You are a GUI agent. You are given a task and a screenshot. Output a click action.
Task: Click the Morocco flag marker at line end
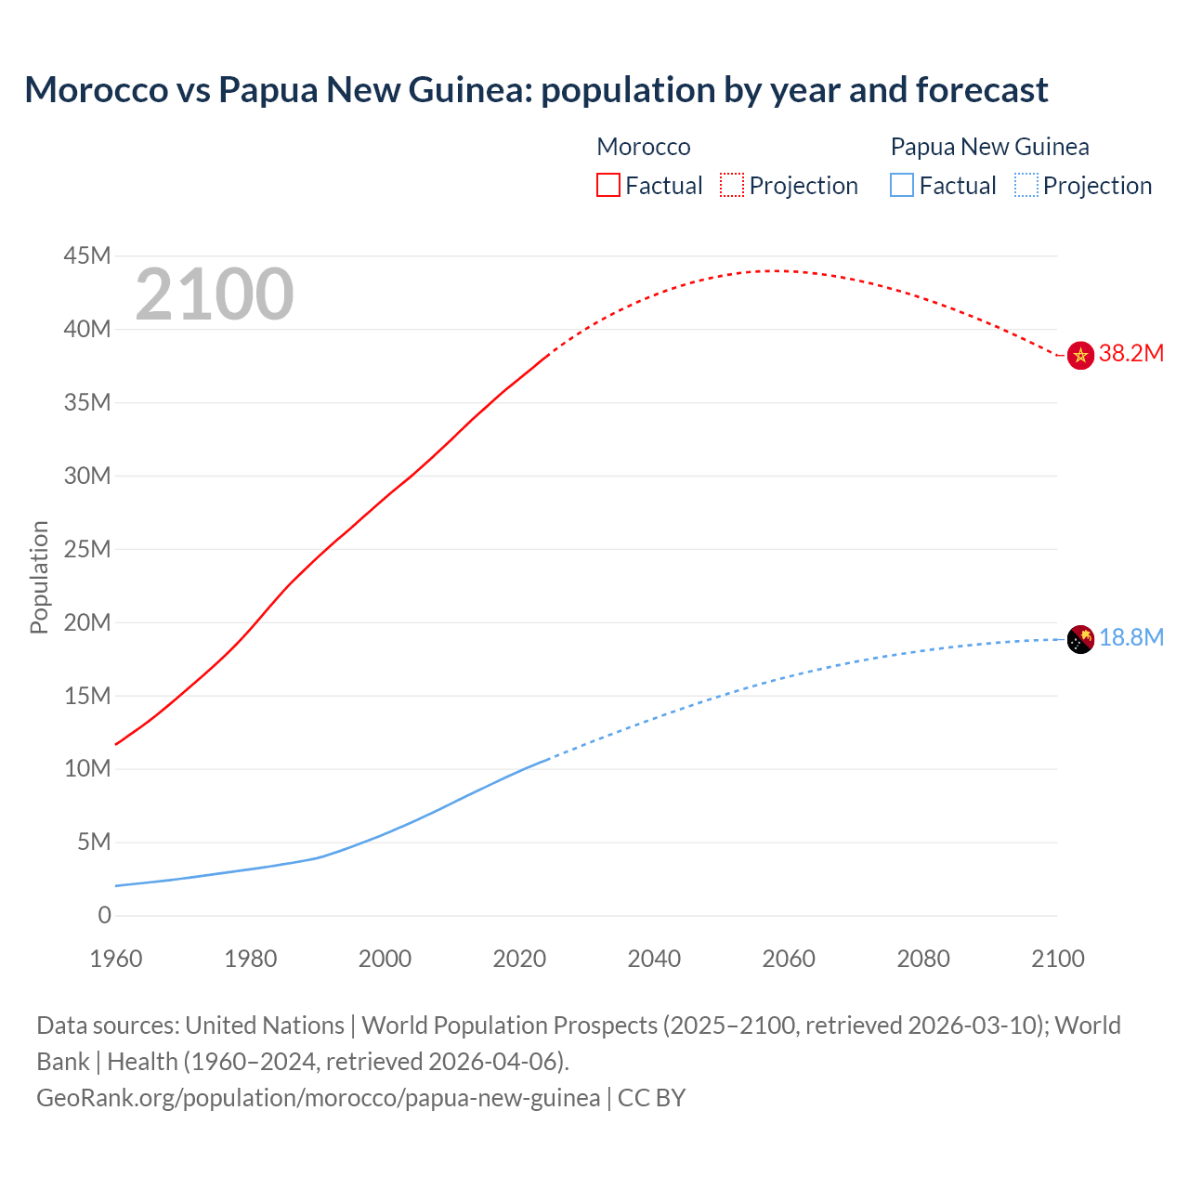click(1079, 355)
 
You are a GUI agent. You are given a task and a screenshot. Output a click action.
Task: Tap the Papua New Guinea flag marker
click(1079, 639)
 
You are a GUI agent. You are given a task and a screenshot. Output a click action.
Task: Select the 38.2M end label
click(1130, 353)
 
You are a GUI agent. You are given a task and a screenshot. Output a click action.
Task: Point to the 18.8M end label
click(1130, 637)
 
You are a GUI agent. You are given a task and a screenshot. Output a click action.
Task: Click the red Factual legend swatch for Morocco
click(608, 185)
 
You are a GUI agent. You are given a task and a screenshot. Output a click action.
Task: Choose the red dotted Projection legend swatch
click(732, 185)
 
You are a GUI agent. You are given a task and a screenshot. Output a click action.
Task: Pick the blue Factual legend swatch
click(901, 185)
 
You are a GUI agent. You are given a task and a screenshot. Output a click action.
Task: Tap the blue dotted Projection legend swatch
click(1026, 185)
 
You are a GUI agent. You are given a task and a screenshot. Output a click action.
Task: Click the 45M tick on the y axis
click(87, 255)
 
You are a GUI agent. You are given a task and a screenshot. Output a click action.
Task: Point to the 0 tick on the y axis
click(104, 915)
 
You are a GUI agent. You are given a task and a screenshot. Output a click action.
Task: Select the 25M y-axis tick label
click(87, 549)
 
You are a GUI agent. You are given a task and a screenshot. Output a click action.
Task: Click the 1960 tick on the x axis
click(116, 959)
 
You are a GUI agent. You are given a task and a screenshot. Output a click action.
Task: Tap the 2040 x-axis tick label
click(654, 959)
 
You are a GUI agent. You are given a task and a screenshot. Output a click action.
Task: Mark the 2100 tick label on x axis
click(1057, 959)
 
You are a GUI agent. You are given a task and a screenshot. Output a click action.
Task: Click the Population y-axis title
click(39, 577)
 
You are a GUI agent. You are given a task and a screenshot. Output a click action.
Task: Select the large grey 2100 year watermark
click(215, 294)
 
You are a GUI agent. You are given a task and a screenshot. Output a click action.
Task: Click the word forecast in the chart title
click(981, 90)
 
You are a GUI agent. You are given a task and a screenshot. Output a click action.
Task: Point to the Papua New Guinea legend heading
click(989, 147)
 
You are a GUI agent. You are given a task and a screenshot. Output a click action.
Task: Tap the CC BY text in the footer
click(651, 1097)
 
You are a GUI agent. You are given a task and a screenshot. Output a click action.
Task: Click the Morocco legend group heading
click(643, 147)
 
